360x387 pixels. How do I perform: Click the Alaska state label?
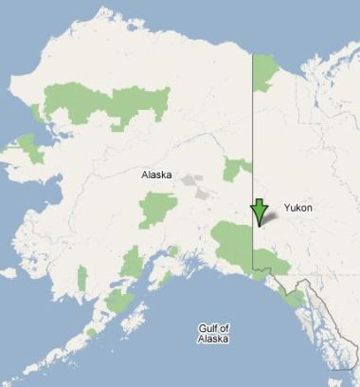(x=157, y=175)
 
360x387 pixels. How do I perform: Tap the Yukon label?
(x=297, y=208)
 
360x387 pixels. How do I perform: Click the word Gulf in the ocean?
(x=207, y=327)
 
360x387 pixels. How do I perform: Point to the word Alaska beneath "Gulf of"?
(x=213, y=339)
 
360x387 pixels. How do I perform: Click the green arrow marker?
(x=259, y=212)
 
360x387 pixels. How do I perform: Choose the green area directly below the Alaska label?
(x=157, y=209)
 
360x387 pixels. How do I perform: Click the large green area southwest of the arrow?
(x=231, y=244)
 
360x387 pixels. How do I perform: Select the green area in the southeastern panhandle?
(x=295, y=298)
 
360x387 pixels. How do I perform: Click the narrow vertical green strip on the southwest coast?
(x=82, y=279)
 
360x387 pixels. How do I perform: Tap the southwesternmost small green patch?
(x=91, y=332)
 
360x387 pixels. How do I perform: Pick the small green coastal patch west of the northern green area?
(x=38, y=113)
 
